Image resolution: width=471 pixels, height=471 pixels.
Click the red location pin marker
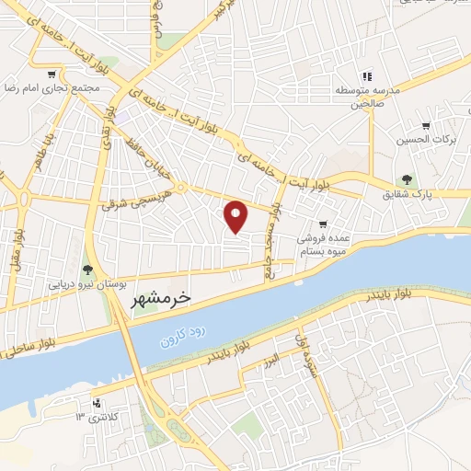point(236,215)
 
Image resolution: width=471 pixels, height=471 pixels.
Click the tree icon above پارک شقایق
point(406,179)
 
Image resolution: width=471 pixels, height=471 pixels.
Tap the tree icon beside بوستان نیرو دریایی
point(87,270)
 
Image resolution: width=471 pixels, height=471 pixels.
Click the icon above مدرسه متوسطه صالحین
point(367,76)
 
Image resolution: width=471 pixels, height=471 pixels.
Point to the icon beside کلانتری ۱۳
point(97,403)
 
